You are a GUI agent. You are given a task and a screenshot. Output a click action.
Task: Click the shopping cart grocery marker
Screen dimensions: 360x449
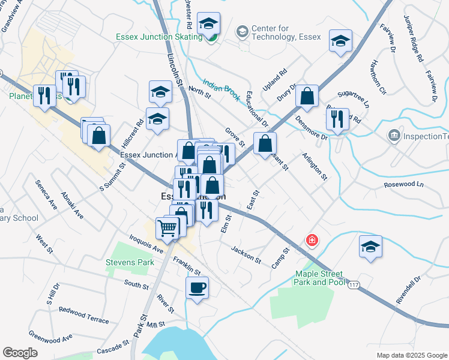(167, 228)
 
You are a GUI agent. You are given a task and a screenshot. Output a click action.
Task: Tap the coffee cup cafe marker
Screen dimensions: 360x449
(197, 288)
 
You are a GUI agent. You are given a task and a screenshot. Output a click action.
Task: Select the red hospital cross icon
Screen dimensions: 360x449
(312, 241)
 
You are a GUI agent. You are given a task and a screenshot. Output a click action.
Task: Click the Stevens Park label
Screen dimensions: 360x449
(130, 262)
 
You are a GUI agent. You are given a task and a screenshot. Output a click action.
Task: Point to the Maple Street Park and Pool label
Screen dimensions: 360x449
(319, 278)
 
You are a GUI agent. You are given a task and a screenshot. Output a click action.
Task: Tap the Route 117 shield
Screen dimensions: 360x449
(354, 283)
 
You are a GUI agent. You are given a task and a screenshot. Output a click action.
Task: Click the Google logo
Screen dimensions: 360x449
(20, 353)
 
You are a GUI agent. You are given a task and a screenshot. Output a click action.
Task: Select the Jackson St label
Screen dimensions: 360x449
(246, 254)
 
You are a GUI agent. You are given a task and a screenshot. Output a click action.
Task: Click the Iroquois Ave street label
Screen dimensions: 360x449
(146, 244)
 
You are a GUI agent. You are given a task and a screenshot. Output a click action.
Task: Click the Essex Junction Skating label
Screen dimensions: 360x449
(159, 37)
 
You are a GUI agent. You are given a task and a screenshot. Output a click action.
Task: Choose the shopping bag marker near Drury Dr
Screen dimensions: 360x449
(307, 97)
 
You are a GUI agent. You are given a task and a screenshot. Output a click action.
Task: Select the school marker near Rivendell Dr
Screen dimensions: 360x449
(370, 247)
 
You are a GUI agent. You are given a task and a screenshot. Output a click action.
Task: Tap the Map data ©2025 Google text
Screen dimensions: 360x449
(412, 355)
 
